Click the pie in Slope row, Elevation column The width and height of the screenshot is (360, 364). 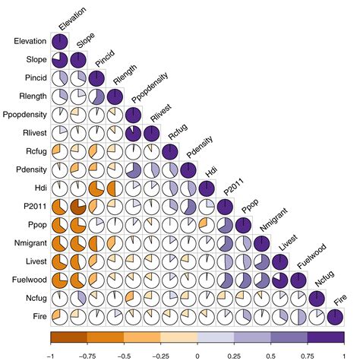coord(60,60)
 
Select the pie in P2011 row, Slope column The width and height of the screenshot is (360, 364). coord(77,205)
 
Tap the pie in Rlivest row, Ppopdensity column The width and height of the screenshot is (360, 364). coord(132,133)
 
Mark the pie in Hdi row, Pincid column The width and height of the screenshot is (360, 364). coord(96,187)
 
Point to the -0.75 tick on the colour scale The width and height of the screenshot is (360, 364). coord(87,354)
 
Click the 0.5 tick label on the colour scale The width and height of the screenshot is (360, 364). coord(271,354)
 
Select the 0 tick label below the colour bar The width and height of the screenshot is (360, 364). coord(197,354)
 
